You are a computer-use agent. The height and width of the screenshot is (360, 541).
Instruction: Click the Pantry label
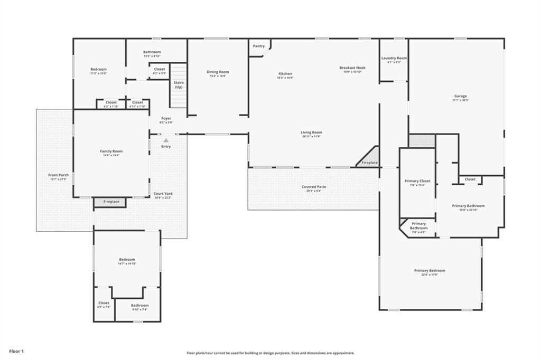point(258,46)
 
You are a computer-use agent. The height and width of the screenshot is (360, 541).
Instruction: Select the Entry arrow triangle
point(166,140)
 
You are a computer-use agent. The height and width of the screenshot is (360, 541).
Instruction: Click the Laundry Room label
point(394,58)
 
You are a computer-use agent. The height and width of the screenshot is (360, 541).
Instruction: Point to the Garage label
point(460,96)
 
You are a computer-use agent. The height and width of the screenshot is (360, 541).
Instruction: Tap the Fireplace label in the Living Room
point(370,163)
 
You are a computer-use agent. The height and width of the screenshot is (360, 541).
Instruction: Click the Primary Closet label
point(417,181)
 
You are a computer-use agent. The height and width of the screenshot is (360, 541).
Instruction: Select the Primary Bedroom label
point(430,270)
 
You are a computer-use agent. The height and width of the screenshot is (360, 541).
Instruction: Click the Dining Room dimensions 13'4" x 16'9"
point(218,76)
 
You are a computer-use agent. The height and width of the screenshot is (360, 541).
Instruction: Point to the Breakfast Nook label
point(352,68)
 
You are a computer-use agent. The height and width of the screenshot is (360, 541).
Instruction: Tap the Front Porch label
point(59,175)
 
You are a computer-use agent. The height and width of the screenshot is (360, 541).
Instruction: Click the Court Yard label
point(163,194)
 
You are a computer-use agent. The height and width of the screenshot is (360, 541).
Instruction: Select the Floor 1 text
point(16,351)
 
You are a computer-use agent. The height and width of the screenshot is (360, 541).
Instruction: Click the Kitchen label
point(285,73)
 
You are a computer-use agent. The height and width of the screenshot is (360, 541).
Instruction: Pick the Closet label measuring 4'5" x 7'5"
point(104,303)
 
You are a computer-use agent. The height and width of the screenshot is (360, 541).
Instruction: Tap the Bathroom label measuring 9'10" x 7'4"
point(140,305)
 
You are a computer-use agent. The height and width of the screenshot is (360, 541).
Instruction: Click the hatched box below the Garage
point(422,141)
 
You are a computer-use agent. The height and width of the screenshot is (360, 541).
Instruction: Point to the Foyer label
point(166,118)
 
